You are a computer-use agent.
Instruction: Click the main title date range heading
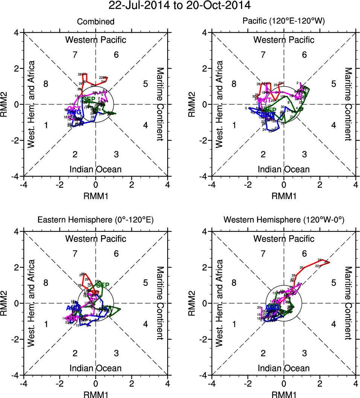tap(179, 6)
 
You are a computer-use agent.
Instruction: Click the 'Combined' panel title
tap(96, 22)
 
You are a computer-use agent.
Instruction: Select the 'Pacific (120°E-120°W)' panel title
tap(284, 22)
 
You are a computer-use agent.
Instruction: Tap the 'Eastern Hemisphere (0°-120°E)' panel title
tap(96, 221)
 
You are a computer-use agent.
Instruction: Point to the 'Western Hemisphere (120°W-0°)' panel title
tap(284, 221)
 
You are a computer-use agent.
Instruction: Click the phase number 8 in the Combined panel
tap(46, 84)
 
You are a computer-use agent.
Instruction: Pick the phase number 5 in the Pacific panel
tap(333, 84)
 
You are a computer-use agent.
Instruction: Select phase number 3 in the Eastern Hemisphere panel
tap(116, 353)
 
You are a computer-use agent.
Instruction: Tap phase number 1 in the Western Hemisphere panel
tap(234, 324)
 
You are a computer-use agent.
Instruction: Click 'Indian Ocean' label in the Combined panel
tap(96, 169)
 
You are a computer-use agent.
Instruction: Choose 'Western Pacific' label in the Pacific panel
tap(284, 40)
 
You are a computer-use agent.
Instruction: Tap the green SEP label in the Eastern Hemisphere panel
tap(102, 285)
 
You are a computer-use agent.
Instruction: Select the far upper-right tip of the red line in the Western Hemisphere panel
tap(329, 262)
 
